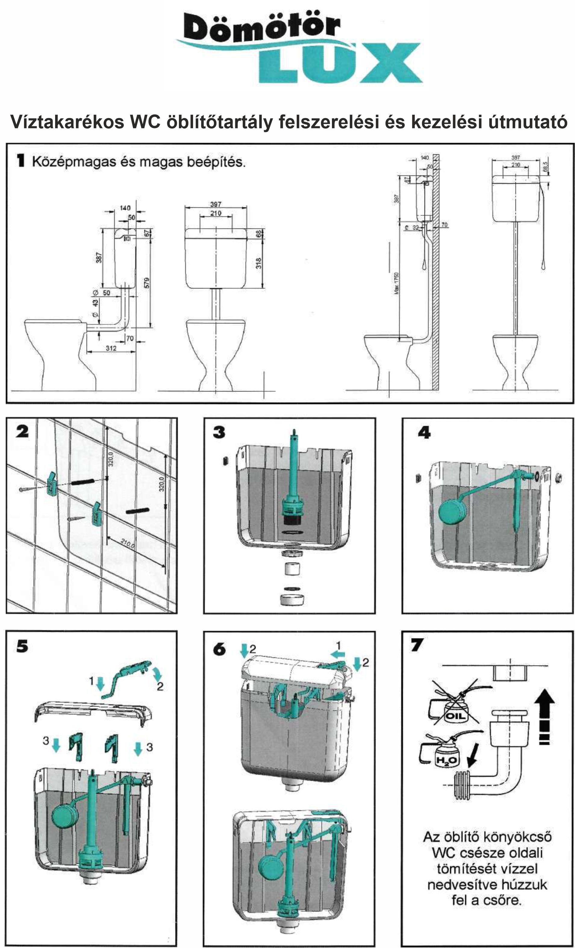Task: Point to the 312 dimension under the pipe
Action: click(111, 348)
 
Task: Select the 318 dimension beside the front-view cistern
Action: click(259, 263)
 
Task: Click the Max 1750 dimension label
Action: click(397, 283)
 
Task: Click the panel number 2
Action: click(22, 432)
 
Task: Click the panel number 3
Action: click(219, 433)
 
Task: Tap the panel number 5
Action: click(22, 646)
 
